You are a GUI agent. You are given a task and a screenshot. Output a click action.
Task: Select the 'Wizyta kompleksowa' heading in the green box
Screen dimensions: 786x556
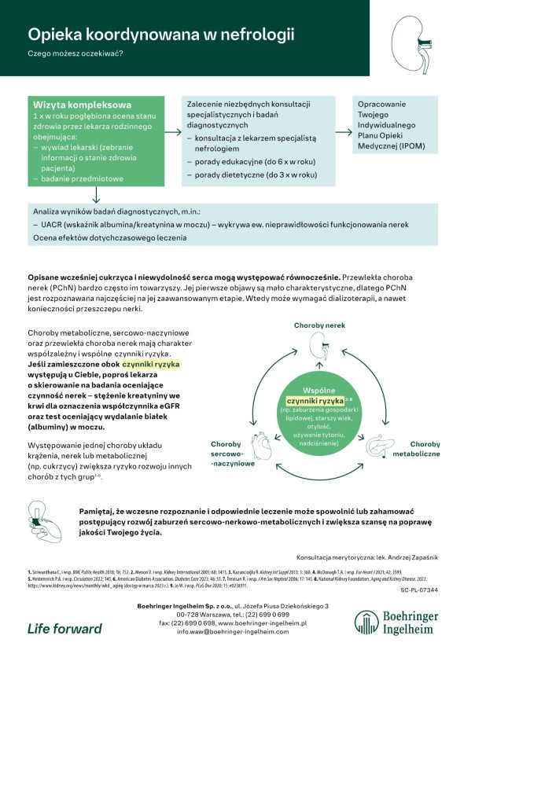click(x=82, y=105)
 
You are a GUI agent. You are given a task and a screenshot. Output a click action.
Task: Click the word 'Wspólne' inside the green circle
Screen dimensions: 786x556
click(x=319, y=390)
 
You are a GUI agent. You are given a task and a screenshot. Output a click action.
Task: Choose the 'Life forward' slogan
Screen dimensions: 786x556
click(x=64, y=628)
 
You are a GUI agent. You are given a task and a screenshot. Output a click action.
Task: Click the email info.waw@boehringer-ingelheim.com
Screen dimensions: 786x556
click(x=233, y=630)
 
